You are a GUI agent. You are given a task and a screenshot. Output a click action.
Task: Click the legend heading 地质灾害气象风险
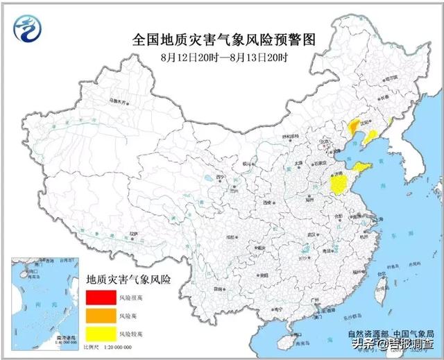click(128, 280)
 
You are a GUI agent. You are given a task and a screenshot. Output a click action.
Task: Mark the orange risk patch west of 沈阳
click(353, 126)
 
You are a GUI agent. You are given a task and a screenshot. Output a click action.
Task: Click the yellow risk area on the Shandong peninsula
click(363, 167)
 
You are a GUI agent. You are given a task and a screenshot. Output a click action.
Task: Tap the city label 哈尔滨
click(393, 79)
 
